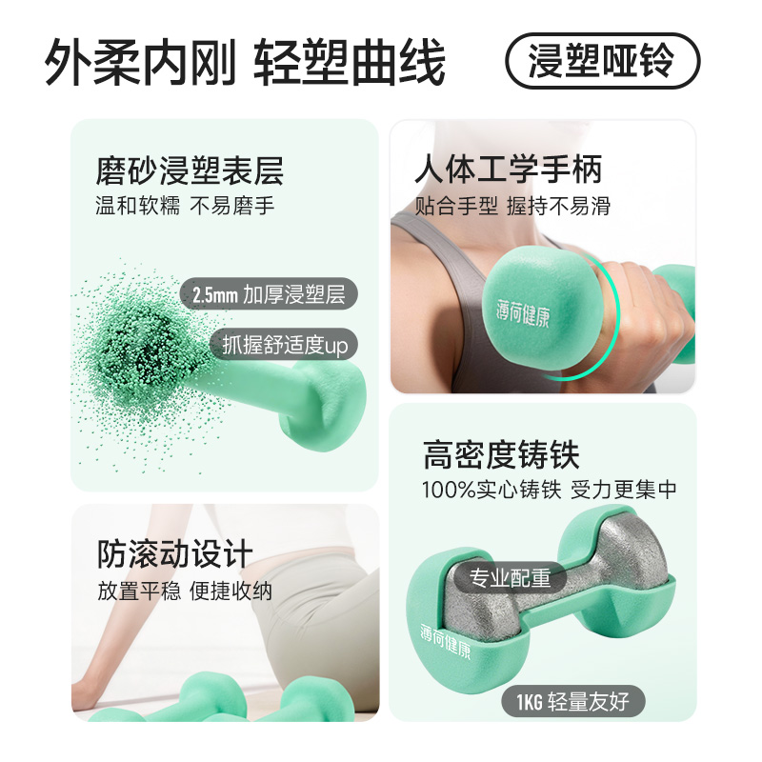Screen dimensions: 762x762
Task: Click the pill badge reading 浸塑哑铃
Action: tap(603, 61)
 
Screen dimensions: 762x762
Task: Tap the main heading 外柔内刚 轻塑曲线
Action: tap(245, 63)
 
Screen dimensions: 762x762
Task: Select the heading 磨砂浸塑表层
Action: tap(190, 170)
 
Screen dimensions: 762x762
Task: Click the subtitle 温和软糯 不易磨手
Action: tap(185, 205)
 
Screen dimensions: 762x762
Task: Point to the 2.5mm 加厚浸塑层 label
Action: tap(269, 294)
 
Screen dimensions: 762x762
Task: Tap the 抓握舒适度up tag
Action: tap(284, 344)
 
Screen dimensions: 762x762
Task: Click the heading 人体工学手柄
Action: tap(509, 170)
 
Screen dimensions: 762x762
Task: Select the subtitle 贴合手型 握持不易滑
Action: tap(512, 206)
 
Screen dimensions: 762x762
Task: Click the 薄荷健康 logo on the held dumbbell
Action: tap(523, 313)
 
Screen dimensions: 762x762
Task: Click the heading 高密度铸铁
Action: tap(501, 455)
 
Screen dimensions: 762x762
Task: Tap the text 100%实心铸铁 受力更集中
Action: tap(550, 489)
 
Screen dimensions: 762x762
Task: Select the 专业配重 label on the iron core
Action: tap(510, 578)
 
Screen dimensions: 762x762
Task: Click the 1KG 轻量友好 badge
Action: tap(573, 701)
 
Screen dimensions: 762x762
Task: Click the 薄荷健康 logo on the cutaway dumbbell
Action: tap(446, 641)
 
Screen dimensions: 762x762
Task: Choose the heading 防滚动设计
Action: tap(175, 554)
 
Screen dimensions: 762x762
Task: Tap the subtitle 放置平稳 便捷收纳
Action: tap(185, 591)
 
